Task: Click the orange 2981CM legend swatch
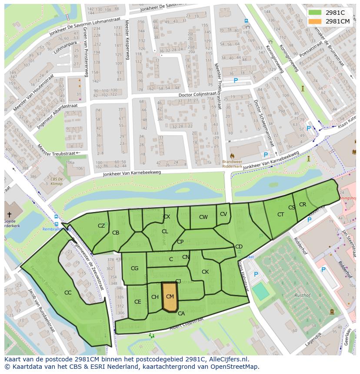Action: pos(315,21)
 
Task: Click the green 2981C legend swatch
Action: pos(315,13)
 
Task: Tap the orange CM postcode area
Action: pos(170,297)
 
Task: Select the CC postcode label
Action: pos(68,293)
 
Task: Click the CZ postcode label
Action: pos(101,226)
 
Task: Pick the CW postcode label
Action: pos(203,217)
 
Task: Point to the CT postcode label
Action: pos(280,215)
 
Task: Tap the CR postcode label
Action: pos(303,205)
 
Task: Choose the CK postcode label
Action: pos(205,272)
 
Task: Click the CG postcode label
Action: pos(134,268)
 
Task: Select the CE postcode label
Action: pos(137,302)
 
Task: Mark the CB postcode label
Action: pos(116,233)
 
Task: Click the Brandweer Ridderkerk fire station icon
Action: pos(232,156)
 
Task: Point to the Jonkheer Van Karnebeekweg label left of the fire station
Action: pos(132,173)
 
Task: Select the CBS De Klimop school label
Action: pos(57,181)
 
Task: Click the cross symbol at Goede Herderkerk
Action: pos(9,215)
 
